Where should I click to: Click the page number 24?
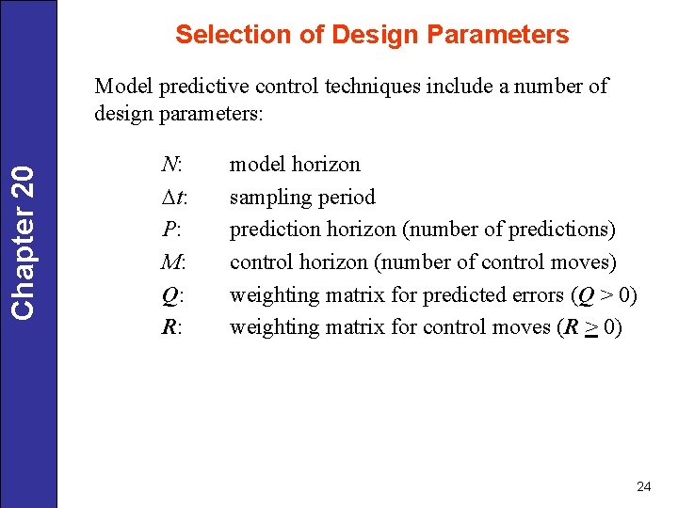[644, 486]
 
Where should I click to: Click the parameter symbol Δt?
[173, 198]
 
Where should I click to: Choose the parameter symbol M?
[172, 262]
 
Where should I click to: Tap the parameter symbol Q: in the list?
[170, 295]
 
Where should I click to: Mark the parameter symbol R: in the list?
[170, 327]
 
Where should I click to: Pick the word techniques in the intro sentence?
[376, 87]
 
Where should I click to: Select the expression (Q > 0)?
[605, 295]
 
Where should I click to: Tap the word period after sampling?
[348, 198]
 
